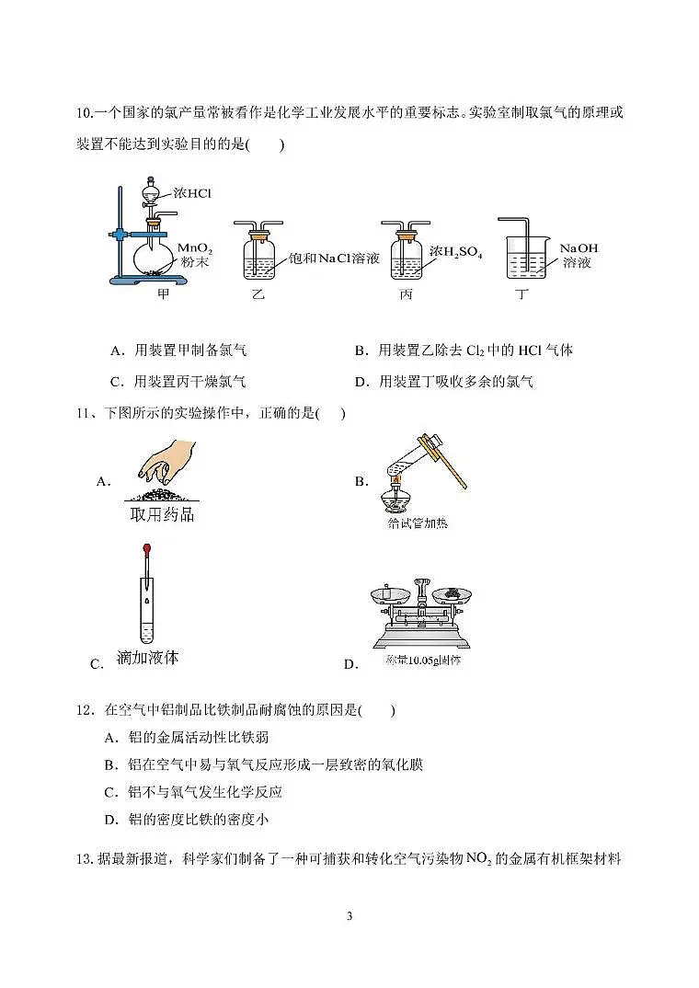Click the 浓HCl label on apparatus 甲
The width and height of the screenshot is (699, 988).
pos(193,194)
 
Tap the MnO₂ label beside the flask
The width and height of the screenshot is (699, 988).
pos(195,248)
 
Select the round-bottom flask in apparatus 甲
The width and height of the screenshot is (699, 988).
pos(151,257)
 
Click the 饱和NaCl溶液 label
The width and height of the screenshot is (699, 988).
pos(334,258)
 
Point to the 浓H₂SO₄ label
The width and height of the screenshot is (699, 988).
pos(456,251)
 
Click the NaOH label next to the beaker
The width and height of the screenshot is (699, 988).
pos(578,248)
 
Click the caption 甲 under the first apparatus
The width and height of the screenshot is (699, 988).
pos(164,294)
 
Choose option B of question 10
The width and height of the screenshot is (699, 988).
pos(464,350)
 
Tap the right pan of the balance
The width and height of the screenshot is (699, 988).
pos(452,595)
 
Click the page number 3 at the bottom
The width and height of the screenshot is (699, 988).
pos(349,916)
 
